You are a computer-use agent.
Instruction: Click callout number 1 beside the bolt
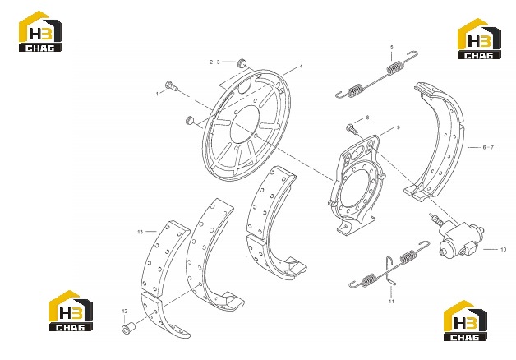point(157,94)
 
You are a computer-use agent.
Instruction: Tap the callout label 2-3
point(214,62)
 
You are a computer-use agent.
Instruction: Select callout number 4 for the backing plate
point(301,67)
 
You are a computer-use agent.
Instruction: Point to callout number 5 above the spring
point(392,48)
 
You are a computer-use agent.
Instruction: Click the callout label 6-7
point(488,147)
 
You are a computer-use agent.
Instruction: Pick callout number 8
point(367,118)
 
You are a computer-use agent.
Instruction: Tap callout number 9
point(398,127)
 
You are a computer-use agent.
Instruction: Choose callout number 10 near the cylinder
point(503,249)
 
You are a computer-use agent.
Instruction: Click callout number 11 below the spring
point(391,301)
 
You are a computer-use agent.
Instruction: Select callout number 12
point(124,311)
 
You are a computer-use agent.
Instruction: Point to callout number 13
point(141,232)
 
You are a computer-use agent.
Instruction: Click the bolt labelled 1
point(172,85)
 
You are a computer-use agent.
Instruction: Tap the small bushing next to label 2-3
point(242,62)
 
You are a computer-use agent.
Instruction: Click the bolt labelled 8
point(352,128)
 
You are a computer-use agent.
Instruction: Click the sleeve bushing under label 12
point(127,328)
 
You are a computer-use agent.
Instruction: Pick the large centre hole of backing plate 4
point(245,124)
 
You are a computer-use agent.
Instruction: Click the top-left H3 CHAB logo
point(40,31)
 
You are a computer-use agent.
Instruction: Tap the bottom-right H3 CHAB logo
point(465,321)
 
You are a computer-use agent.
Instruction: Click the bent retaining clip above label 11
point(390,270)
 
